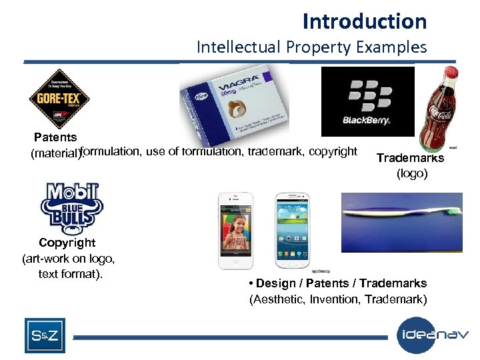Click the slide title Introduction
[x=364, y=21]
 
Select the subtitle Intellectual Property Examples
[x=311, y=47]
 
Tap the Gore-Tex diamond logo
[x=59, y=99]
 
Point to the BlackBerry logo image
[x=367, y=101]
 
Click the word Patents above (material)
[x=55, y=137]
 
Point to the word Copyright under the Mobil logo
[x=67, y=243]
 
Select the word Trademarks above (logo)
[x=410, y=158]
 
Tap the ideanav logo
[x=432, y=335]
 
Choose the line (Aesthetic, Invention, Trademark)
[x=338, y=299]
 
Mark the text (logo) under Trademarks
[x=412, y=174]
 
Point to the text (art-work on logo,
[x=69, y=258]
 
